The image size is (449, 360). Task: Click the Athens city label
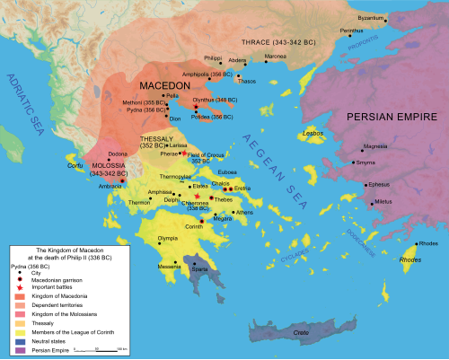tap(245, 212)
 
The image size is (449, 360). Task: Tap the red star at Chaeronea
tap(196, 195)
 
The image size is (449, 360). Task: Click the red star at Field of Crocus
tap(183, 154)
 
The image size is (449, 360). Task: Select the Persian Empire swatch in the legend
tap(16, 347)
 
